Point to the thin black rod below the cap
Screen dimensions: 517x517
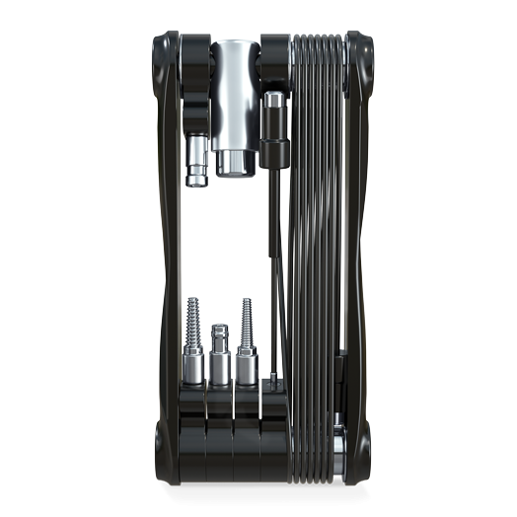click(x=273, y=266)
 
